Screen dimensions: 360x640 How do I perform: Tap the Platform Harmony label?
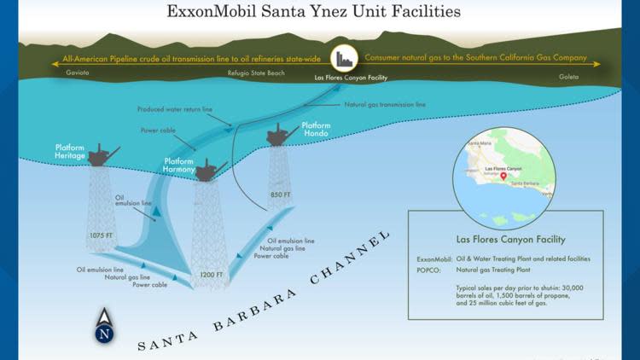tap(178, 165)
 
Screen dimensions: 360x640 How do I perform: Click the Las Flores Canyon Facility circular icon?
tap(345, 58)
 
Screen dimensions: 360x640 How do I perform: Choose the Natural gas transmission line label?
tap(385, 104)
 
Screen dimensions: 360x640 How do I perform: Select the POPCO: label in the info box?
tap(432, 267)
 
